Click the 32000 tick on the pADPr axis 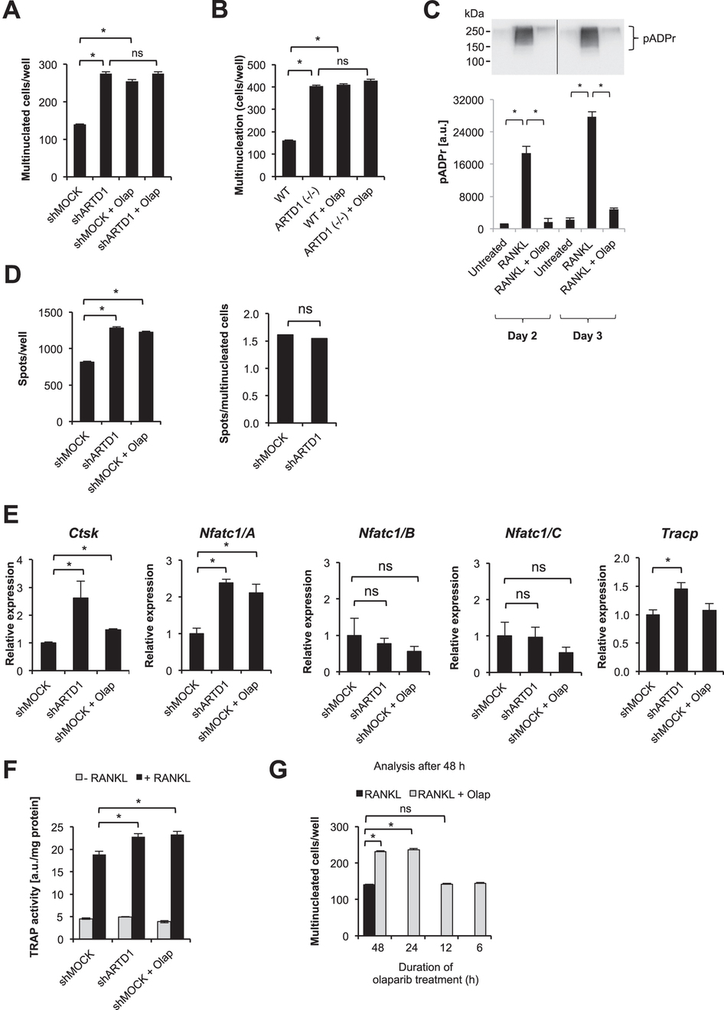[x=466, y=100]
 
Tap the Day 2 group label [x=522, y=336]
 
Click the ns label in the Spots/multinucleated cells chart [x=305, y=308]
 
